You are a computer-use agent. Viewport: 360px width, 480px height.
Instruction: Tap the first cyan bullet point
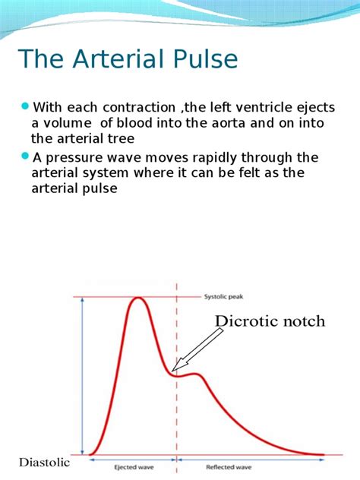[x=26, y=105]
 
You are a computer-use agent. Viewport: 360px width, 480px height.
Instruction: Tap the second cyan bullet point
[x=26, y=156]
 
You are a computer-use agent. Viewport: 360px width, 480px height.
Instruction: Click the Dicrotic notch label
[x=270, y=321]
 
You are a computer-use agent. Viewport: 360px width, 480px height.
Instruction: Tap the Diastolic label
[x=44, y=463]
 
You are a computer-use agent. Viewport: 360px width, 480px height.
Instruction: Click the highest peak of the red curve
[x=138, y=298]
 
